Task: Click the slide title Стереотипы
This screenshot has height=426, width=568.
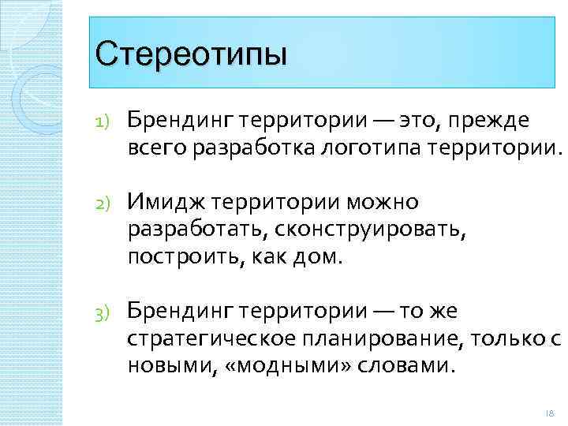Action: [190, 55]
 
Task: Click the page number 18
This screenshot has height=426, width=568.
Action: [549, 414]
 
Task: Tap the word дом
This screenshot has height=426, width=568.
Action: [322, 258]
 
